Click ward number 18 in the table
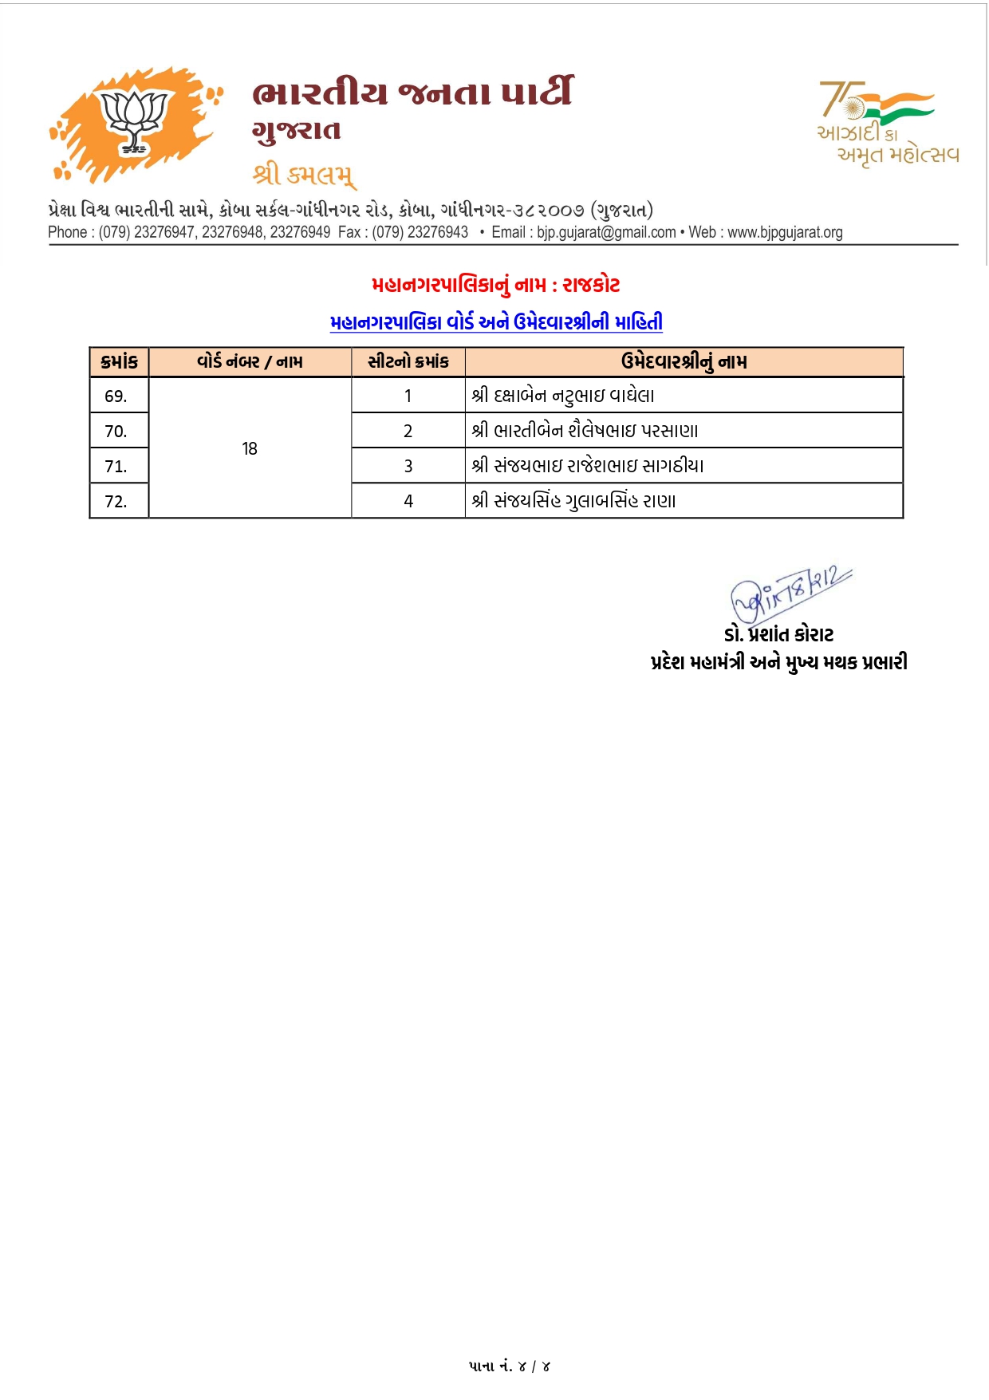(250, 449)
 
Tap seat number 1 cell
(408, 396)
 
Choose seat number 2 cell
(408, 432)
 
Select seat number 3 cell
(408, 467)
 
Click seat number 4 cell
(408, 502)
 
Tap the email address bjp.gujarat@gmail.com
(606, 232)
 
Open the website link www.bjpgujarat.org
(785, 232)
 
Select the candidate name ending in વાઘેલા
(562, 396)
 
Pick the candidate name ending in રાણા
(573, 502)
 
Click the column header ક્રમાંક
(119, 362)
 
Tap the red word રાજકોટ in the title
(591, 285)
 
